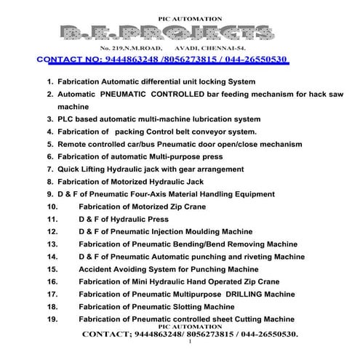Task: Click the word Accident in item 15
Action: click(97, 269)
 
